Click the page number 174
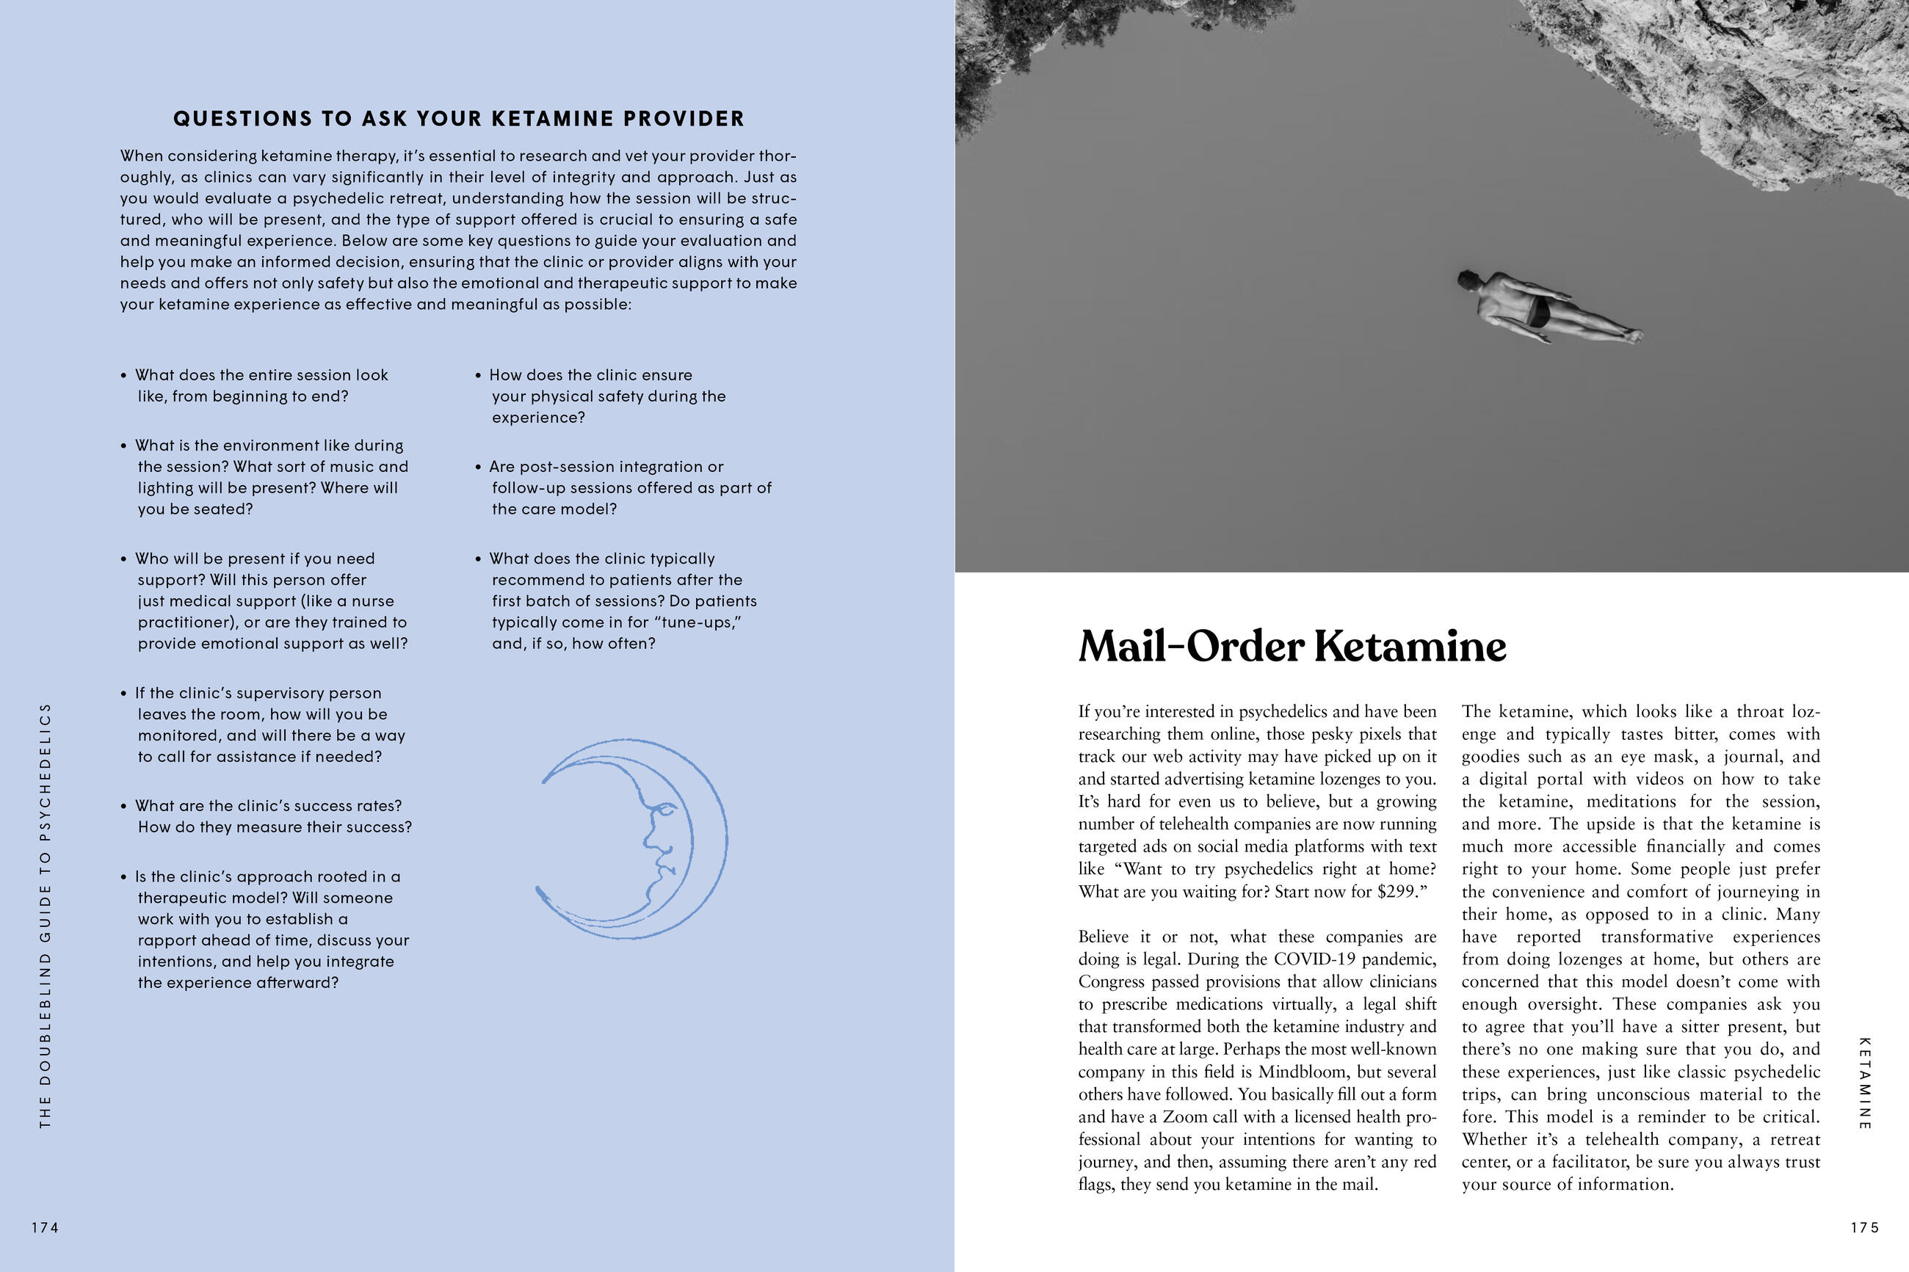[46, 1228]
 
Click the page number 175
[1864, 1228]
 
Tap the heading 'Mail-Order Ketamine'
[1292, 647]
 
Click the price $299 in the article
[1397, 892]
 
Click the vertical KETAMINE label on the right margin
[1864, 1083]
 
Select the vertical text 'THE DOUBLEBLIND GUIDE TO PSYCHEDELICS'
[46, 915]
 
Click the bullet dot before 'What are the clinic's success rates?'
[123, 807]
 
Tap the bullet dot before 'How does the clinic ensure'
[479, 376]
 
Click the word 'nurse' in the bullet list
[373, 601]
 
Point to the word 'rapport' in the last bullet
[167, 940]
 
